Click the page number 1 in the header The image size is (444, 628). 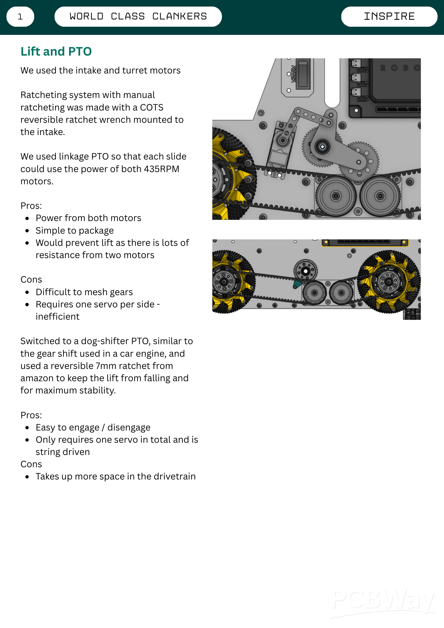[20, 17]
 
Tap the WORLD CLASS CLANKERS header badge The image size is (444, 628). [138, 17]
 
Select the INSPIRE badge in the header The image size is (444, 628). [389, 17]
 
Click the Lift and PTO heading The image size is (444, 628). [56, 51]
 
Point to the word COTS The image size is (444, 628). [152, 107]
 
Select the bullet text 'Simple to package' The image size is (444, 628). [74, 230]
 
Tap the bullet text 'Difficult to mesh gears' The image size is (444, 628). [84, 292]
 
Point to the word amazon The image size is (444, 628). [37, 378]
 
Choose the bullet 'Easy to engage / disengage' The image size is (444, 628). [93, 427]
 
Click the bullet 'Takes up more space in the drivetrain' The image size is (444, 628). [116, 476]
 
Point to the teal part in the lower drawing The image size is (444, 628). [296, 284]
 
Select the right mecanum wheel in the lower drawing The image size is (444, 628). [388, 281]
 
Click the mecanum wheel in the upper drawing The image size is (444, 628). [231, 174]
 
